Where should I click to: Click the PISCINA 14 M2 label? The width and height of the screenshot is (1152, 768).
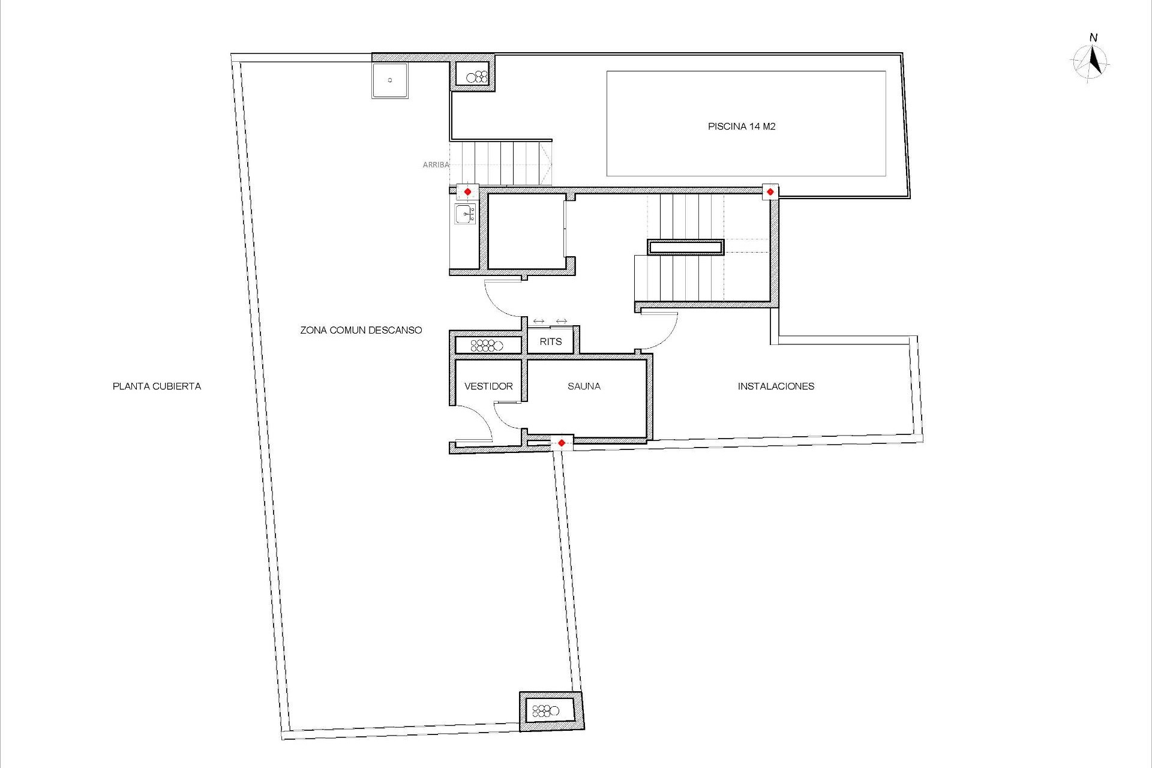tap(742, 127)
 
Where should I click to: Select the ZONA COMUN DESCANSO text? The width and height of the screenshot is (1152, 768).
tap(361, 330)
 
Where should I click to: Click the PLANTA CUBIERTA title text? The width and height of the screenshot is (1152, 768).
tap(157, 386)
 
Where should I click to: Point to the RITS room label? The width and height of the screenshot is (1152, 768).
tap(550, 341)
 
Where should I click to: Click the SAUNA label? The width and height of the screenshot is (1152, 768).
tap(584, 386)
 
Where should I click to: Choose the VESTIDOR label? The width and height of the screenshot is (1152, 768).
tap(488, 386)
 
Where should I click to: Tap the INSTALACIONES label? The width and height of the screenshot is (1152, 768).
tap(776, 386)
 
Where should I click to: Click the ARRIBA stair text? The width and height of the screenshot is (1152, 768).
tap(436, 164)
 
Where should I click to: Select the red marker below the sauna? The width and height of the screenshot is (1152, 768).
tap(561, 443)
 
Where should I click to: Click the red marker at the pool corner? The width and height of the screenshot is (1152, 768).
tap(770, 192)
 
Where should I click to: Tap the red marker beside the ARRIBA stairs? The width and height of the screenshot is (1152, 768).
tap(467, 192)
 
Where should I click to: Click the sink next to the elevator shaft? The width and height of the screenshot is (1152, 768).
tap(465, 214)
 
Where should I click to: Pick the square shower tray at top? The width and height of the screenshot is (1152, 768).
tap(390, 80)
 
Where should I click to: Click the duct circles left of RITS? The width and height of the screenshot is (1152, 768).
tap(487, 346)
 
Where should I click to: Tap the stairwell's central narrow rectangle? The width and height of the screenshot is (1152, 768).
tap(686, 247)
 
